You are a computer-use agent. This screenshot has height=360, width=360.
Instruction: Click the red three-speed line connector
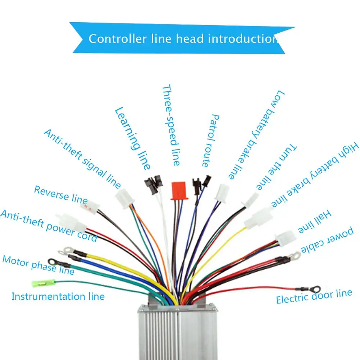[x=179, y=191]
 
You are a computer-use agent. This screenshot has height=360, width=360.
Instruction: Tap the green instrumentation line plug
[x=44, y=283]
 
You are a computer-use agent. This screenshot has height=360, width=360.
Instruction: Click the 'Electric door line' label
[x=314, y=296]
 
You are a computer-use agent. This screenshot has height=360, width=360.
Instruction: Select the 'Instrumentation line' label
[x=58, y=296]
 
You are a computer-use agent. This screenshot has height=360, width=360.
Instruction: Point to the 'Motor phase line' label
[x=38, y=265]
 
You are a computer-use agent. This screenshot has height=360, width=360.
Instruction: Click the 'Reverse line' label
[x=61, y=195]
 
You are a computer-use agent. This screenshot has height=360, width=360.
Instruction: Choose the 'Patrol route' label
[x=211, y=141]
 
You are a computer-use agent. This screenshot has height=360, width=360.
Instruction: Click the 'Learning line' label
[x=133, y=138]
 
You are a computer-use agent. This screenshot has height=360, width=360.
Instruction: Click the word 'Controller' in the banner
[x=118, y=38]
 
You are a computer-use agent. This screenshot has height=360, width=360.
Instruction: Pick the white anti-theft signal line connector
[x=124, y=199]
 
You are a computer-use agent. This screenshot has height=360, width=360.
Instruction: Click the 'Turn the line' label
[x=277, y=167]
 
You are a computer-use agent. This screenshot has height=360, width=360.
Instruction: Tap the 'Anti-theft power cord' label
[x=49, y=226]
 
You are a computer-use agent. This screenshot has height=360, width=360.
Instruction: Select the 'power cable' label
[x=327, y=240]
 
